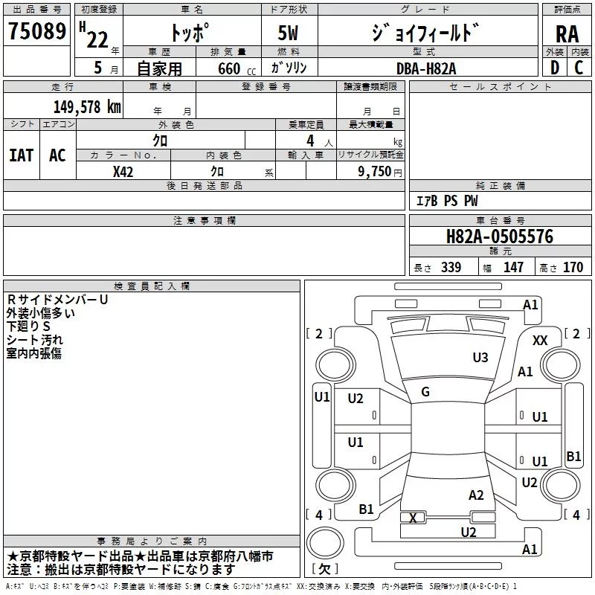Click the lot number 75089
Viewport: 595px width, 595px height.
(37, 30)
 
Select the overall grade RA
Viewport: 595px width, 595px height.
(567, 34)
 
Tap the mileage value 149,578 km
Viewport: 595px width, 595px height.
(87, 107)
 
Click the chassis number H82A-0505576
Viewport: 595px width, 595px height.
(500, 237)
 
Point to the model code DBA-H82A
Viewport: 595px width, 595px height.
(426, 68)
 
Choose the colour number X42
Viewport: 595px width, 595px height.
(123, 172)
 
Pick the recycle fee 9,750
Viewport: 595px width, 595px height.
(374, 171)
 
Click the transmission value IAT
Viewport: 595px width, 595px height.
(22, 155)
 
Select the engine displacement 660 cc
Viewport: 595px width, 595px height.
(237, 68)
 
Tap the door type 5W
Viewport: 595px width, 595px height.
(288, 33)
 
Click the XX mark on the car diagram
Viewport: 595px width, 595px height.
(540, 341)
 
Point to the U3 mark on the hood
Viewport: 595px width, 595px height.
(480, 357)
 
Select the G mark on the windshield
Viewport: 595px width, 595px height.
(425, 392)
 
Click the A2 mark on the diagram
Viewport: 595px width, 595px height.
(476, 495)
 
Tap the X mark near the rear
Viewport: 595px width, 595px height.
(413, 518)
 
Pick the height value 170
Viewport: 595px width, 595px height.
(573, 267)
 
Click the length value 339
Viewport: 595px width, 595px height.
(451, 267)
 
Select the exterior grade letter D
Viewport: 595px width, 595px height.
(555, 68)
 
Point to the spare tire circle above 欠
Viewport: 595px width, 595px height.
(325, 543)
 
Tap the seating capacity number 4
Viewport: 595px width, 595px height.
(310, 141)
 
